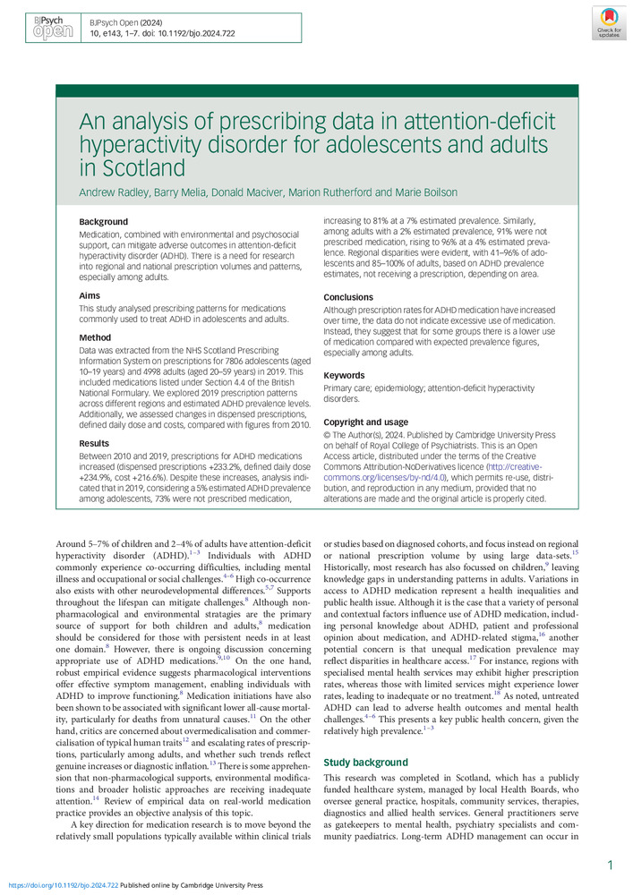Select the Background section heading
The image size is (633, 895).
tap(103, 221)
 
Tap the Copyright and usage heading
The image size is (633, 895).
tap(365, 422)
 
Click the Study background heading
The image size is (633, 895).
tap(365, 762)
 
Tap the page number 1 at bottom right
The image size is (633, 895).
tap(610, 865)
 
